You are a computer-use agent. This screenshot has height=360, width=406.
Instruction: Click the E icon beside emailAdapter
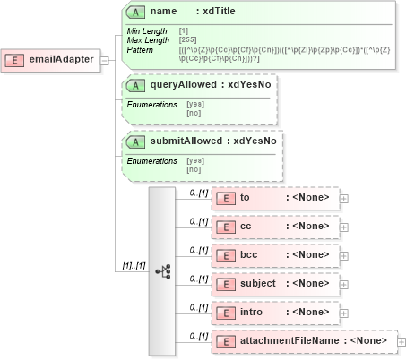pyautogui.click(x=15, y=60)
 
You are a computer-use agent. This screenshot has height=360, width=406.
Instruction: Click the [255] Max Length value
pyautogui.click(x=188, y=40)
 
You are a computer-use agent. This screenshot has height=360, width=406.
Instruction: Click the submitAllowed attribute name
pyautogui.click(x=188, y=141)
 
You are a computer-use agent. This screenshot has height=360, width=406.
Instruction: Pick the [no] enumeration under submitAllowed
pyautogui.click(x=193, y=169)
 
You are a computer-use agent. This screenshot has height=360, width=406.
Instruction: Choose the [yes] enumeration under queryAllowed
pyautogui.click(x=194, y=104)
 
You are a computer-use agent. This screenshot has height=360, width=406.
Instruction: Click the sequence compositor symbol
pyautogui.click(x=162, y=269)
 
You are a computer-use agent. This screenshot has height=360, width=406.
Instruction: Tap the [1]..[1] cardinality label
pyautogui.click(x=134, y=266)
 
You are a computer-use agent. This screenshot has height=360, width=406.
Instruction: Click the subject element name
pyautogui.click(x=258, y=284)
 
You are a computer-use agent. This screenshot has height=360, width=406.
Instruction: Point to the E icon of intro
pyautogui.click(x=227, y=313)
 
